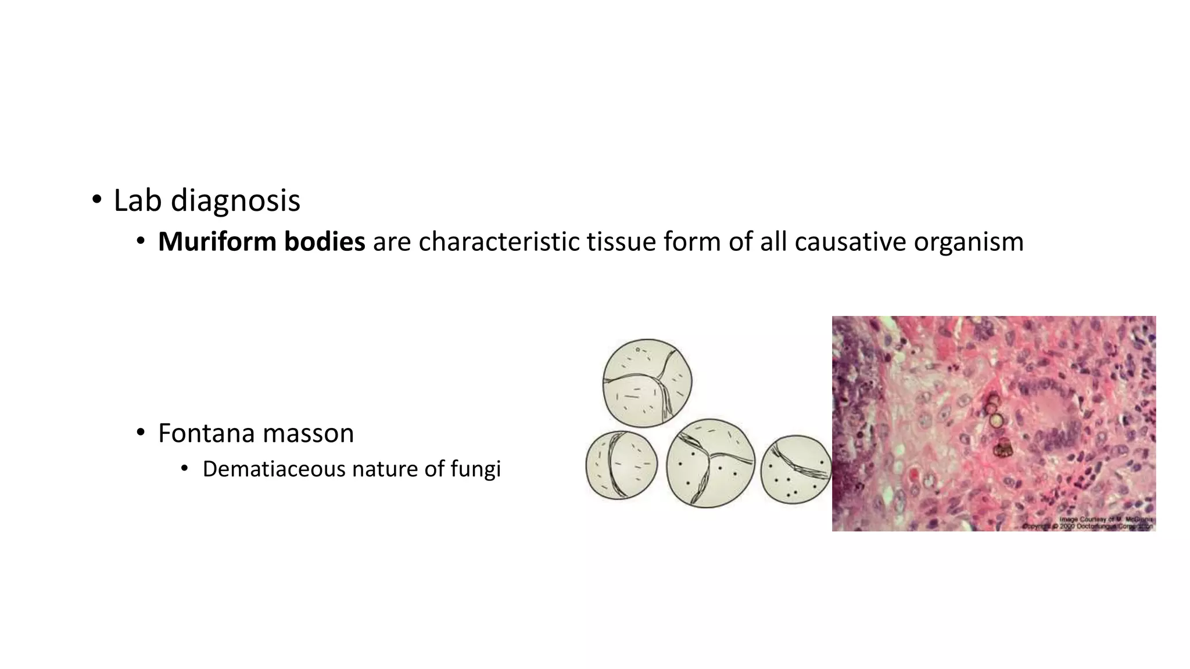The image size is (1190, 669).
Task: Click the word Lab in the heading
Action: [x=137, y=200]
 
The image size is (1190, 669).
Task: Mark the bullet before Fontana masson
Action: [x=140, y=434]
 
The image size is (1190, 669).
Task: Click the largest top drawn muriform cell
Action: [x=647, y=383]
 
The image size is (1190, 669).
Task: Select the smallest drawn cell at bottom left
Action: [x=621, y=465]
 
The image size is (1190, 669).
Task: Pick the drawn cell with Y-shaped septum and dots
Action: [x=710, y=463]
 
